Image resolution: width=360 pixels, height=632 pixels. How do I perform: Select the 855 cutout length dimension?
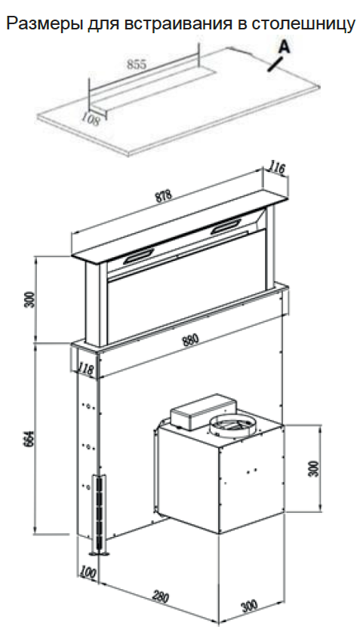pyautogui.click(x=137, y=64)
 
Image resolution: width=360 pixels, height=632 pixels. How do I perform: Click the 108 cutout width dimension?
pyautogui.click(x=91, y=119)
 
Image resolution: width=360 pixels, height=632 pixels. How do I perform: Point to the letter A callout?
pyautogui.click(x=285, y=48)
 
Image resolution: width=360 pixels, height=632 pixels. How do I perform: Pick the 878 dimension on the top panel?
pyautogui.click(x=163, y=196)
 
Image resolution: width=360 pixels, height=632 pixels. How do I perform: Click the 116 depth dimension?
pyautogui.click(x=277, y=169)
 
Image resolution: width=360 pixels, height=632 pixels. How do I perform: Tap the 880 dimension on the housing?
pyautogui.click(x=190, y=340)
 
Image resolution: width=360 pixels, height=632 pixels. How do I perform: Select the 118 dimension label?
pyautogui.click(x=87, y=370)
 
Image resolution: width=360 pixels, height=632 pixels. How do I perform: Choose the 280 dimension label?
pyautogui.click(x=160, y=597)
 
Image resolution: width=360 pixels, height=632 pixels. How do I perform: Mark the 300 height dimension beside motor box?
pyautogui.click(x=315, y=468)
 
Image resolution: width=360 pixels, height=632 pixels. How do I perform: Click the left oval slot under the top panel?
pyautogui.click(x=139, y=256)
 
